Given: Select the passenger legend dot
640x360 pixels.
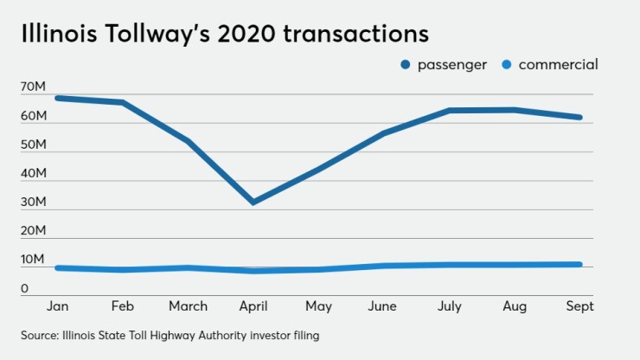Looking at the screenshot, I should (404, 65).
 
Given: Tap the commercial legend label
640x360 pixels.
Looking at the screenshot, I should (560, 65).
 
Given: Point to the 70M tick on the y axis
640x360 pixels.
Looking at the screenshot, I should (34, 87).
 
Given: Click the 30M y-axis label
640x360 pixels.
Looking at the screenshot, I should (34, 202).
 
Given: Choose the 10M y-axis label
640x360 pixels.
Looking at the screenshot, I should (34, 260).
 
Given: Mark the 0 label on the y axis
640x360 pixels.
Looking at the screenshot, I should (26, 289).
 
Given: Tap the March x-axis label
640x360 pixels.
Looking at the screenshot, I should (188, 306).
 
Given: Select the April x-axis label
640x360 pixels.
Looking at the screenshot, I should (253, 306).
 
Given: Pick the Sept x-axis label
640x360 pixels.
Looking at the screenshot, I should (579, 306).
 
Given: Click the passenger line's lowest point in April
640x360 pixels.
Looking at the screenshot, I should (253, 202).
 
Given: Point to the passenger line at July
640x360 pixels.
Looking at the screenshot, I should (449, 111).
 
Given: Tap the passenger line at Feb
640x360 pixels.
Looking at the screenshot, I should (122, 103).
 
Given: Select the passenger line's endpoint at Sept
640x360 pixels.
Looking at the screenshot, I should (579, 117).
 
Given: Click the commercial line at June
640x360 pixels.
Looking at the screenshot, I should (383, 266).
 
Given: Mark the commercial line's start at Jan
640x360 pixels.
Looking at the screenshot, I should (57, 268).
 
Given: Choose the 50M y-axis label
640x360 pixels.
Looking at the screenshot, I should (34, 145).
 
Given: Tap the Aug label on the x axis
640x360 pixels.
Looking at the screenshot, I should (515, 306).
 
